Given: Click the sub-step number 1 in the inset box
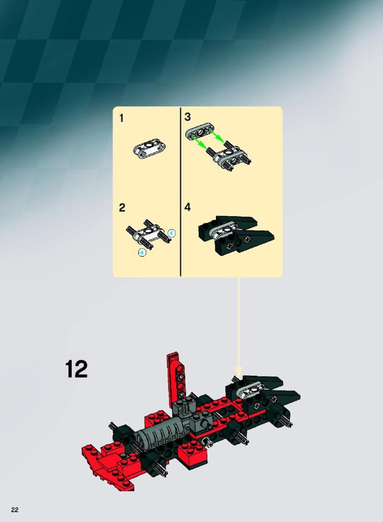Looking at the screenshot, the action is tap(121, 118).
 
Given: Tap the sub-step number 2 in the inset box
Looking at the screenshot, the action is tap(122, 208).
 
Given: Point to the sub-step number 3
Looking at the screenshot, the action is tap(188, 117).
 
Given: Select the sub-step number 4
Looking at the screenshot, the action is tap(188, 207).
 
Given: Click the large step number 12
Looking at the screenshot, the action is tap(76, 368).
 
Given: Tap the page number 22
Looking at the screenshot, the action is tap(15, 510).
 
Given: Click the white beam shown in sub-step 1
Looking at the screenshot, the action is tap(150, 150).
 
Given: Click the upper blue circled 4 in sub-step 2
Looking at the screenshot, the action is tap(171, 233).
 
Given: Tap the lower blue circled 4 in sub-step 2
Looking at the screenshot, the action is tap(142, 253).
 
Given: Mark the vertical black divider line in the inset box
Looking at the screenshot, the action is tap(180, 192).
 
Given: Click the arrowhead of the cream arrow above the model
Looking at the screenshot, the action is tap(238, 371).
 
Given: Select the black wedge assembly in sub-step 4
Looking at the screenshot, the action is tap(236, 234).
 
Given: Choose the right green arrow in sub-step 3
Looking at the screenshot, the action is tap(217, 136).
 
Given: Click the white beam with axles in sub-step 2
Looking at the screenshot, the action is tap(149, 234).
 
